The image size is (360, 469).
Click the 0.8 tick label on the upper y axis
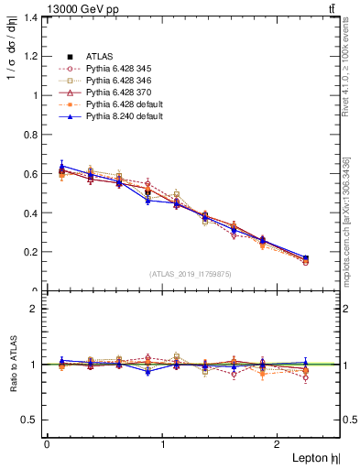[29, 135]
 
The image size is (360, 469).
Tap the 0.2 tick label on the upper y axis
[29, 252]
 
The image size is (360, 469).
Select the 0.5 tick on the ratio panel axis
[29, 420]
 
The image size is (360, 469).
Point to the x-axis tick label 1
[163, 444]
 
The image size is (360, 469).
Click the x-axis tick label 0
[46, 444]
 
